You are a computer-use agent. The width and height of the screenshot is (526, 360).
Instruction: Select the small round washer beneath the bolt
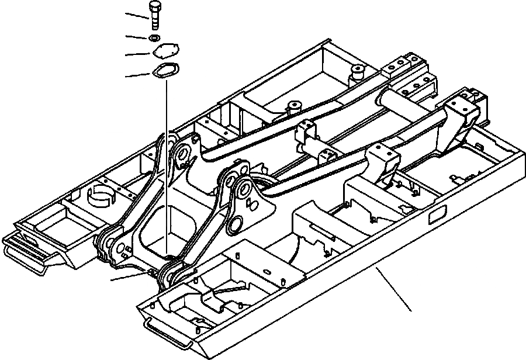point(154,38)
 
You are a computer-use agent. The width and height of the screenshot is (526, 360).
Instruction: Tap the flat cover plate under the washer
point(165,53)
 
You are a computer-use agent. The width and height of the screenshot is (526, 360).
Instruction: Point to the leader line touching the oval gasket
point(138,75)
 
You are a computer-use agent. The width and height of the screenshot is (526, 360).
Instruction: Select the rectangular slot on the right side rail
point(436,219)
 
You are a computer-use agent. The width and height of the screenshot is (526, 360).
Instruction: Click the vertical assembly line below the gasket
point(165,164)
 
